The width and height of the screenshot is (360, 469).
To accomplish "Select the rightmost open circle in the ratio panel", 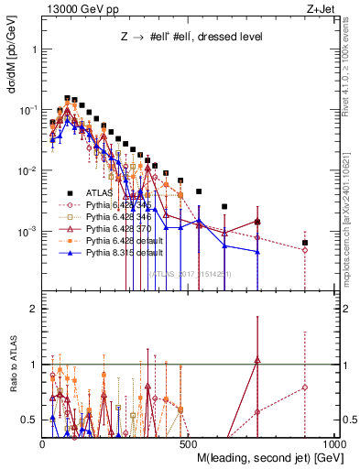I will (305, 387).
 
